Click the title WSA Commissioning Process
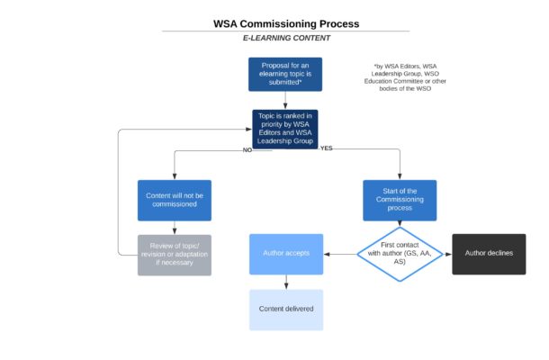tap(285, 23)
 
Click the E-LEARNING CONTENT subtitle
tap(286, 39)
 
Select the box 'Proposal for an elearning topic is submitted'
tap(285, 75)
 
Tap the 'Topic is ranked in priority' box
tap(285, 129)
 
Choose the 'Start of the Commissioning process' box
tap(400, 200)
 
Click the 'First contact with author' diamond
tap(400, 254)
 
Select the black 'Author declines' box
tap(489, 254)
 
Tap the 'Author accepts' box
tap(285, 254)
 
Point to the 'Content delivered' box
tap(285, 310)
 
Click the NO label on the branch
tap(247, 149)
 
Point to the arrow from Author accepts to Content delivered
tap(285, 283)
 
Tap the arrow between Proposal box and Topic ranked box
tap(285, 100)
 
